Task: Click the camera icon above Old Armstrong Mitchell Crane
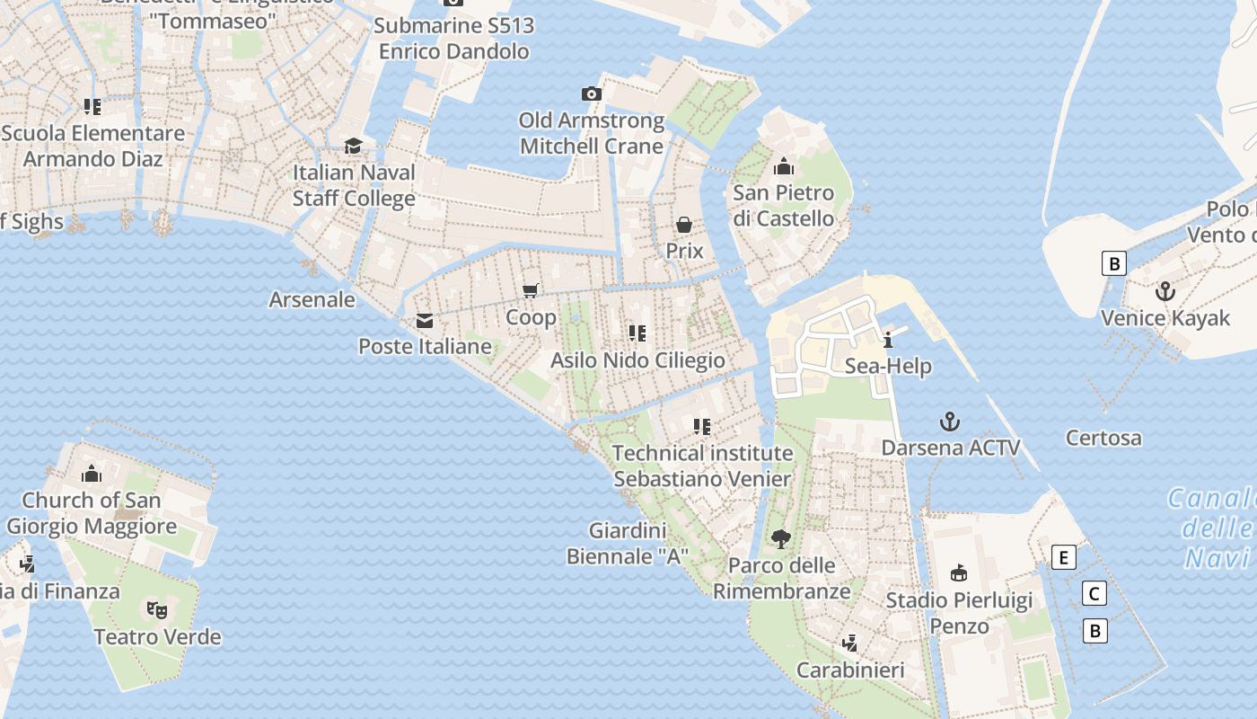point(591,93)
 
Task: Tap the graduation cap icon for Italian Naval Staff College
point(354,146)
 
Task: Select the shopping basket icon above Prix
point(684,224)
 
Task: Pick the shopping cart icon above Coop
point(531,290)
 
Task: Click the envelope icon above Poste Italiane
point(425,321)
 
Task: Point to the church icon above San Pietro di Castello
point(784,166)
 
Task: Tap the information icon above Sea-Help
point(888,340)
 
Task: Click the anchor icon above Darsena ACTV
point(950,421)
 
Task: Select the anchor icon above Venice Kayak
point(1165,291)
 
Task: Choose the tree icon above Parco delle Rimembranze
point(781,538)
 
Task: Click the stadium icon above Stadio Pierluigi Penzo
point(959,573)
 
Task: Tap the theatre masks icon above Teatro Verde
point(157,610)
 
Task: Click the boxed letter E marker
point(1063,558)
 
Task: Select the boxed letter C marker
point(1094,594)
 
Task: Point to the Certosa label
point(1103,439)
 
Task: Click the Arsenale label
point(312,299)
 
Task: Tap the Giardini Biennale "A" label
point(628,543)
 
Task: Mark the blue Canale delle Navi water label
point(1217,528)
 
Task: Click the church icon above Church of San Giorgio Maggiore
point(92,474)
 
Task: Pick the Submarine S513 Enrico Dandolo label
point(453,39)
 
